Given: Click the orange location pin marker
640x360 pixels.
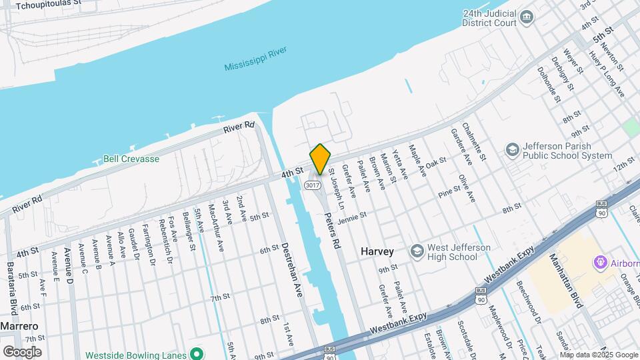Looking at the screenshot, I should coord(320,159).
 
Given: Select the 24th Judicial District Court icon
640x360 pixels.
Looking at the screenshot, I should coord(526,17).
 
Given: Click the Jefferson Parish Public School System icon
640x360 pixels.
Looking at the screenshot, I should coord(512,149).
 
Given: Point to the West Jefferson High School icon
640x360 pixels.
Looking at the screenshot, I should coord(417,250).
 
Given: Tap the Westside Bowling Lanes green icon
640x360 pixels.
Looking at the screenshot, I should coord(196,353).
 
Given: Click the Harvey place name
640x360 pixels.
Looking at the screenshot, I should coord(377,252).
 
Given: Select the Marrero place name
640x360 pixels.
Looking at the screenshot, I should coord(18,326).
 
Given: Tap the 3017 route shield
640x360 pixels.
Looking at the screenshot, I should coord(311,184).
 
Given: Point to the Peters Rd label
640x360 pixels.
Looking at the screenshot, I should coord(332,231).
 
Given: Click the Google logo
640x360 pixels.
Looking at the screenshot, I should coord(22,351).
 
